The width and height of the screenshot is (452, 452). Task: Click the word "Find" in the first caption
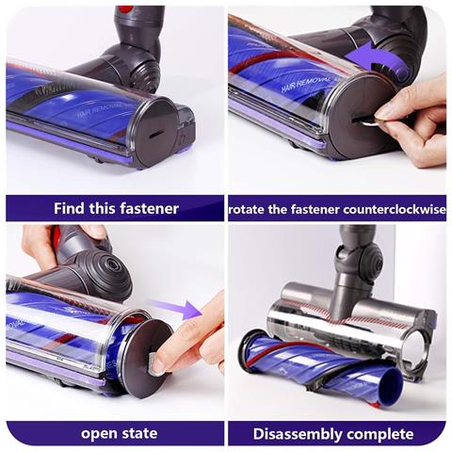[x=69, y=208]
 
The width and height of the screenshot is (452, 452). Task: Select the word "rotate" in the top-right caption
[x=247, y=209]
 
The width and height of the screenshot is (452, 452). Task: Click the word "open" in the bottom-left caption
[x=99, y=434]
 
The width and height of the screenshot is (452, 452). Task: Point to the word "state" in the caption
[x=139, y=433]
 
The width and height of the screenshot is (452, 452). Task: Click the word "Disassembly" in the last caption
[x=297, y=434]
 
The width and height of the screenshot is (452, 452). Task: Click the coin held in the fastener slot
[x=368, y=121]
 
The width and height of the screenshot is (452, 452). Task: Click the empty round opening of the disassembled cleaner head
[x=418, y=345]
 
